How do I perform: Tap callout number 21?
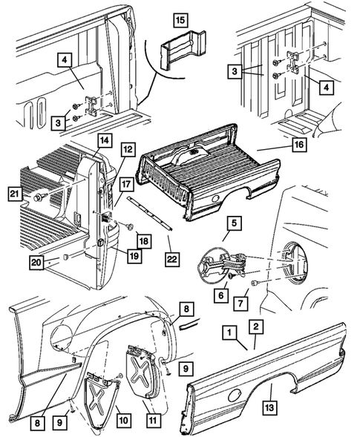point(14,194)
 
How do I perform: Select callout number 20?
point(35,261)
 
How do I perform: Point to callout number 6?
point(221,295)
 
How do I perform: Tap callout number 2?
point(255,325)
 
